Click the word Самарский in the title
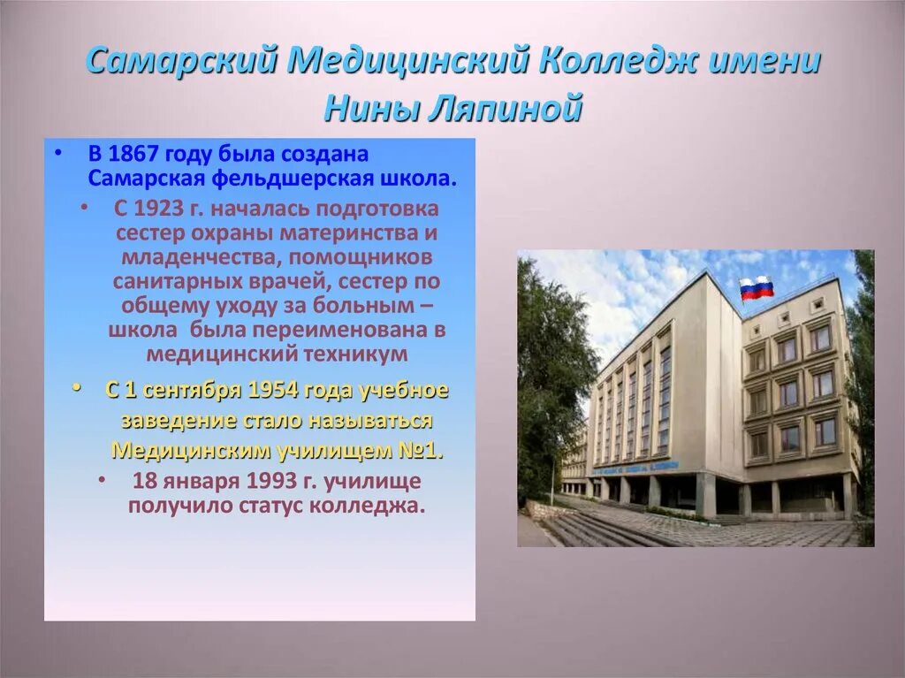pyautogui.click(x=183, y=63)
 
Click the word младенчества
pyautogui.click(x=185, y=258)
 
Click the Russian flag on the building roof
pyautogui.click(x=757, y=288)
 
